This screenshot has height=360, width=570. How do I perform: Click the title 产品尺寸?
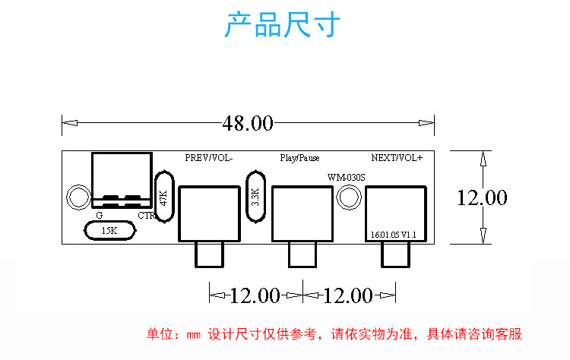283,24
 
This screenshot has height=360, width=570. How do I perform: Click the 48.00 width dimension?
247,123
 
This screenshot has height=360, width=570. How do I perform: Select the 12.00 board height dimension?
481,197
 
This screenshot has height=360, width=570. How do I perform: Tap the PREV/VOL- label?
209,158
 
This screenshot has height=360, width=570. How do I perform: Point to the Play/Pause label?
299,158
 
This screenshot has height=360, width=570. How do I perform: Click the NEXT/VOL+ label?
396,158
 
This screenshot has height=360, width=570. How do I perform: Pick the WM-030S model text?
347,177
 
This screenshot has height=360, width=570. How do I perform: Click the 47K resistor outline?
164,197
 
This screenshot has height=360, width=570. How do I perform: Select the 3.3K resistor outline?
255,197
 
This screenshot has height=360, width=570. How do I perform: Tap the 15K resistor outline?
110,230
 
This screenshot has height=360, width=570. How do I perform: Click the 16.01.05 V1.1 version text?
394,235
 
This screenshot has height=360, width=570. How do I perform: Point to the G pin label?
99,215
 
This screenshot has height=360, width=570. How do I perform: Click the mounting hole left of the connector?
78,197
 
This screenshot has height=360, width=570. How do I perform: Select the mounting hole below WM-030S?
348,197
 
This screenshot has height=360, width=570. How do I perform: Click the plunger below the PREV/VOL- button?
209,255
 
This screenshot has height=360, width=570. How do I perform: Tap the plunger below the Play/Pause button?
302,255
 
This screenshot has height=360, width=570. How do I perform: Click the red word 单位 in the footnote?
158,334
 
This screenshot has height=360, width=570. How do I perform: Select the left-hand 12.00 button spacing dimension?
255,295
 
